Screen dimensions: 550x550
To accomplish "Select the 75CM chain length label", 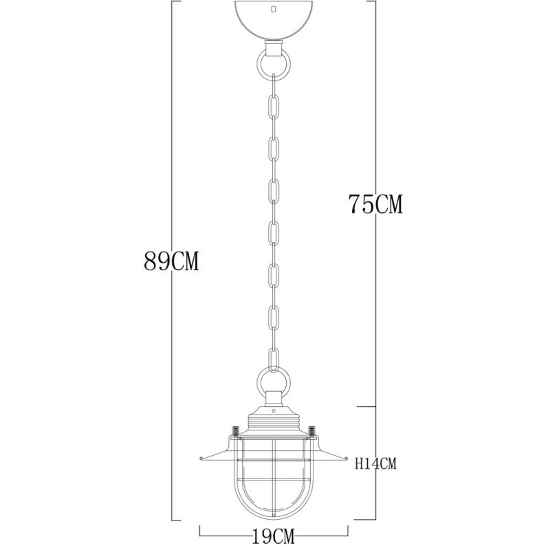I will [x=375, y=204].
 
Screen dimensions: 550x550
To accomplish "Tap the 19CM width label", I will [x=274, y=534].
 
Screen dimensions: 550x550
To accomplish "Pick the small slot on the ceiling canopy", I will [x=274, y=10].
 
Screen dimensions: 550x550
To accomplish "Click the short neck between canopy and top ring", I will [x=274, y=46].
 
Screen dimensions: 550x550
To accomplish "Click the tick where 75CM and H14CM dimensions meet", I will [x=374, y=406].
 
